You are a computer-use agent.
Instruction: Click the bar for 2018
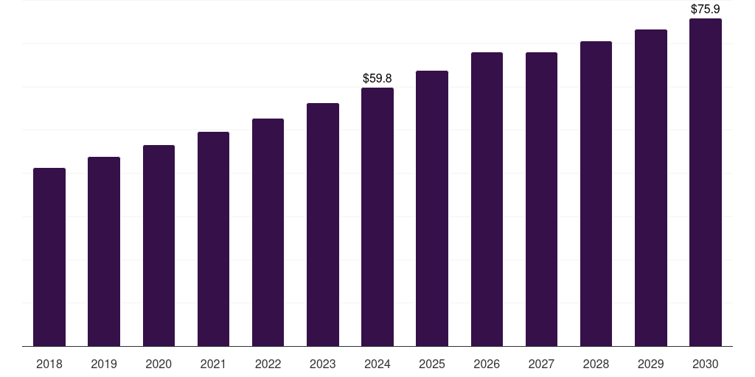[49, 257]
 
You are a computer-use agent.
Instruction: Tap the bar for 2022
[268, 232]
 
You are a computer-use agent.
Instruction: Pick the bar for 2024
[377, 216]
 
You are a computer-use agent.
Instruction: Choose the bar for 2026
[487, 199]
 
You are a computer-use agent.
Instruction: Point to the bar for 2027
[541, 199]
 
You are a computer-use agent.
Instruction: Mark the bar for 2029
[651, 188]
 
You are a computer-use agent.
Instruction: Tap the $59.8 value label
[377, 78]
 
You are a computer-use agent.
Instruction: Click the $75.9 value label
[706, 10]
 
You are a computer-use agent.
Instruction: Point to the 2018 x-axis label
[49, 364]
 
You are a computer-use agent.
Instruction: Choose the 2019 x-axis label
[104, 364]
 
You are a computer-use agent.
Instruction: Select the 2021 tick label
[213, 364]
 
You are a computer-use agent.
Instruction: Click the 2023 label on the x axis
[323, 364]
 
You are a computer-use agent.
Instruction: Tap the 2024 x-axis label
[377, 364]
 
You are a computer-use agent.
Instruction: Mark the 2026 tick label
[487, 364]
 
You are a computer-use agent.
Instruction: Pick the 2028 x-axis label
[596, 364]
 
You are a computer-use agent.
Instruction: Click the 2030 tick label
[706, 364]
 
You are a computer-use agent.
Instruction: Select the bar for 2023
[323, 225]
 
